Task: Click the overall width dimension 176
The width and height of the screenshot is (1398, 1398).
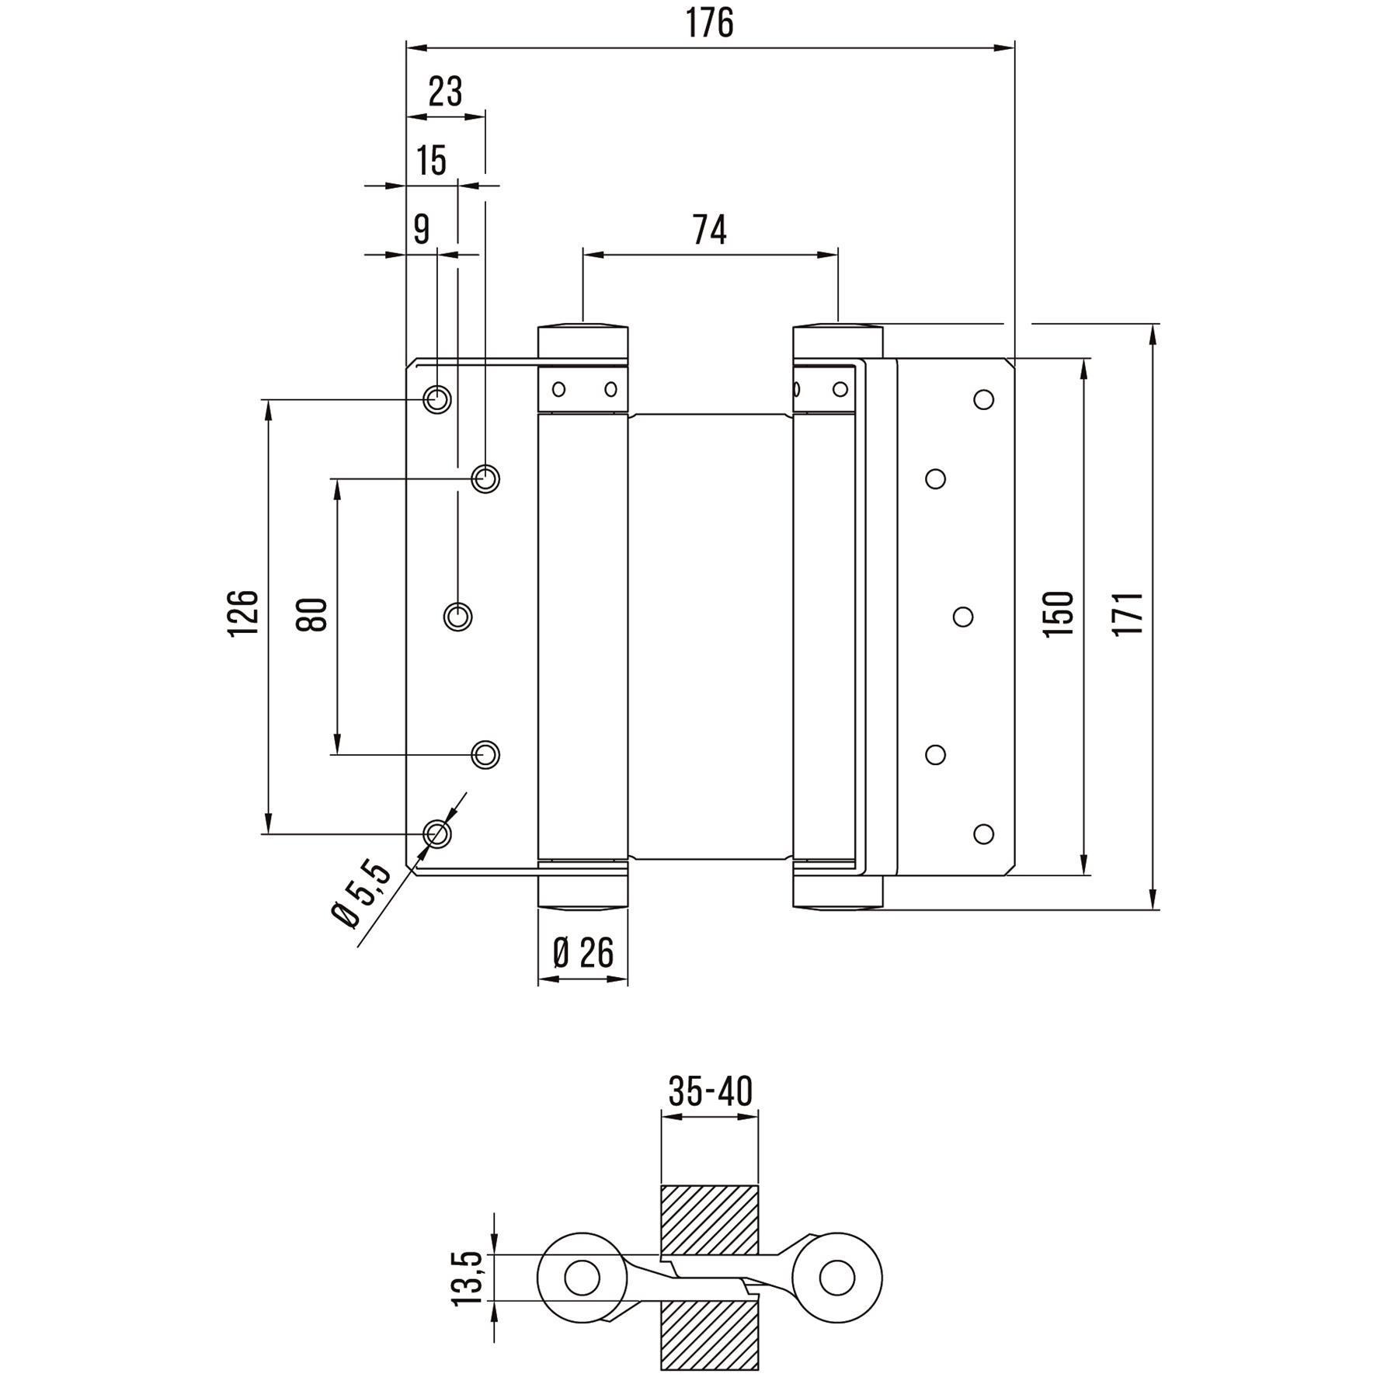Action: pos(709,23)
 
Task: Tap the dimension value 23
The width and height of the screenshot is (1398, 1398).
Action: pos(445,92)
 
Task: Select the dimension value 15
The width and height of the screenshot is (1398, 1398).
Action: pos(432,161)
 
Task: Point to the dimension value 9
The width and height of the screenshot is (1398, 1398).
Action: pos(421,229)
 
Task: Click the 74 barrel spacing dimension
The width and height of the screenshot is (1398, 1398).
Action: pos(709,230)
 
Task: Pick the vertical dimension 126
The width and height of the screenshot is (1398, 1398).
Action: pos(242,613)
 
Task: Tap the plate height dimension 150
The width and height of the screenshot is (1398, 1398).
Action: pos(1058,614)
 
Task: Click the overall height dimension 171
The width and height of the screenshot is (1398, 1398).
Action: pos(1128,614)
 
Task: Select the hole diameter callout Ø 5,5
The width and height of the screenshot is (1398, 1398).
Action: pos(362,893)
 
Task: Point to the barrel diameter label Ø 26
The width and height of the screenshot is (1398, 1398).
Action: pos(582,952)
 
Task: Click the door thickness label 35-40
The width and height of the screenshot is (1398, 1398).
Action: pos(710,1091)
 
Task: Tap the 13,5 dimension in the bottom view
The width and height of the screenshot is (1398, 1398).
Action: pos(468,1278)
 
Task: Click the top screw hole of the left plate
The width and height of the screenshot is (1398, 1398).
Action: pos(437,399)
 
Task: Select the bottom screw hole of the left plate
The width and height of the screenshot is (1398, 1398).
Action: pos(437,833)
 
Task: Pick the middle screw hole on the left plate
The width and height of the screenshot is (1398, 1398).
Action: pos(458,616)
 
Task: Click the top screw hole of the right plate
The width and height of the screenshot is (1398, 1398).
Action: pos(983,399)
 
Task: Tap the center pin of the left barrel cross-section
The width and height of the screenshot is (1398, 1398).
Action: pos(582,1277)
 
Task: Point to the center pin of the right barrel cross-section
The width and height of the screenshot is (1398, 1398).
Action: pos(837,1277)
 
